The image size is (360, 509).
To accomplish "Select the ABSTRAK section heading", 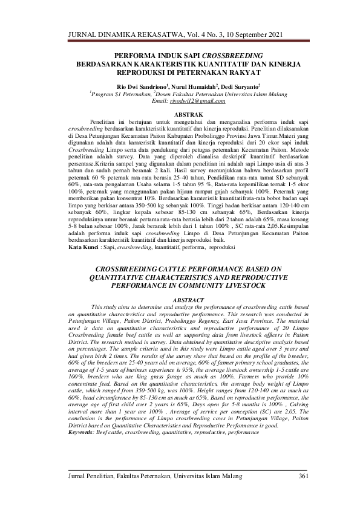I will click(180, 113).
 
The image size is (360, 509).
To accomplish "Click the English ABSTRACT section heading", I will click(180, 300).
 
